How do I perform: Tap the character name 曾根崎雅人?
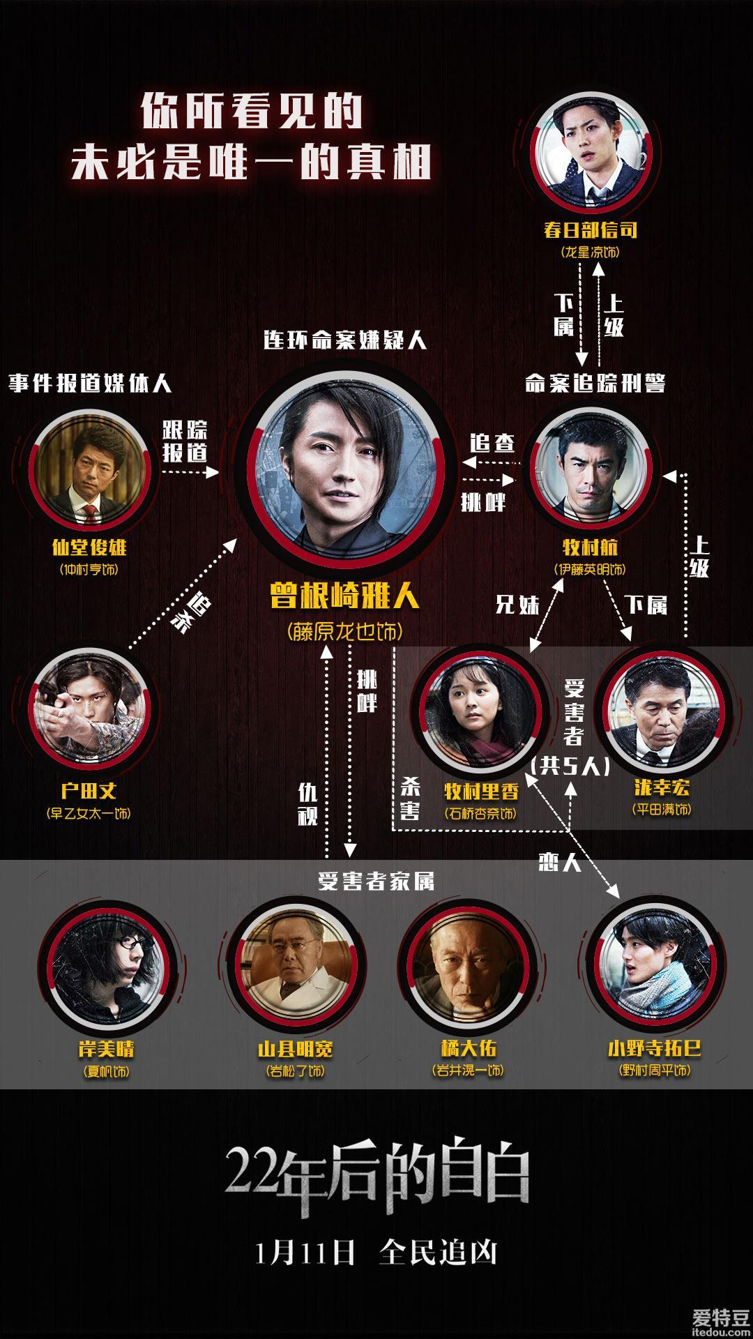click(344, 597)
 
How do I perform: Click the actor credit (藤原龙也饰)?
click(344, 632)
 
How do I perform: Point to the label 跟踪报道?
click(185, 441)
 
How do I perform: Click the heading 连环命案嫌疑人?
click(344, 340)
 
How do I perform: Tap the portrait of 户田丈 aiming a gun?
click(88, 706)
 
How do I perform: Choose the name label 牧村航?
click(590, 547)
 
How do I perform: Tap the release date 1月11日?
click(305, 1252)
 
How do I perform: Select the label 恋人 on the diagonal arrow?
click(560, 863)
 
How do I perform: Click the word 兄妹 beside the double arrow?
click(517, 604)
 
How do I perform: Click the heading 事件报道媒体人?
click(90, 383)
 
